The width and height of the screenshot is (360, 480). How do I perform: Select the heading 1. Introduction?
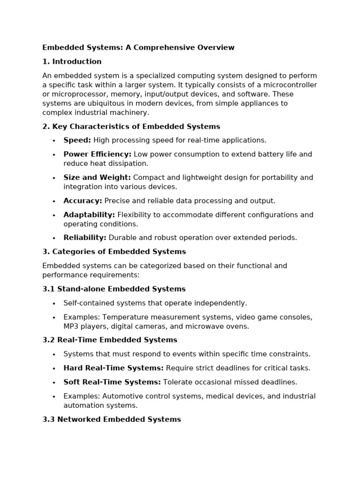(72, 61)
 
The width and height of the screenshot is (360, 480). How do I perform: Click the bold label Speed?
(77, 140)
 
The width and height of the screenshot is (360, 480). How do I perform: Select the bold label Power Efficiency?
(97, 154)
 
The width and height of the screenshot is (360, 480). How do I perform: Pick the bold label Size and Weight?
(97, 178)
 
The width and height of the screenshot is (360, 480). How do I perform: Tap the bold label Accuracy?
(82, 201)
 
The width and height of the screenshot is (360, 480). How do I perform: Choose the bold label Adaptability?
(89, 215)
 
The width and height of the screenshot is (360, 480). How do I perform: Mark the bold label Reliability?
(85, 238)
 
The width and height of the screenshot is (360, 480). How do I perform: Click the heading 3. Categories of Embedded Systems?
(114, 252)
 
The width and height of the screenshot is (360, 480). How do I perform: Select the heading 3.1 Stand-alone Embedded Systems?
(114, 289)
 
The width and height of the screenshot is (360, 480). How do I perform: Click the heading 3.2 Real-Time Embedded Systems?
(110, 340)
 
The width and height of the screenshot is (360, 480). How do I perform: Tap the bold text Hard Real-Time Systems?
(113, 368)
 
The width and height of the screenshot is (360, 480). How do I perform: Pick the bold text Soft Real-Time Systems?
(112, 382)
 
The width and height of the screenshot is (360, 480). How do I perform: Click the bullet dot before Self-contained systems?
(54, 303)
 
